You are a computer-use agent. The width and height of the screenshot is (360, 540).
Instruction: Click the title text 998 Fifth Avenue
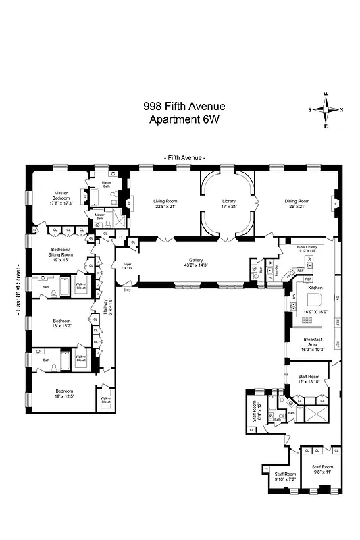pyautogui.click(x=184, y=107)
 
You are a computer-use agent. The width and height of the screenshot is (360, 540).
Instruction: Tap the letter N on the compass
pyautogui.click(x=341, y=109)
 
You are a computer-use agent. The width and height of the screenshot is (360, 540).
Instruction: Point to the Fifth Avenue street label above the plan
pyautogui.click(x=184, y=157)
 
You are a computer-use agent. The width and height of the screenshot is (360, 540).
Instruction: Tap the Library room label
pyautogui.click(x=229, y=200)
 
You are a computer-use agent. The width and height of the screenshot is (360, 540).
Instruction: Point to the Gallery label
pyautogui.click(x=196, y=260)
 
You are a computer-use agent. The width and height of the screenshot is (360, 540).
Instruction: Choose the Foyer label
pyautogui.click(x=126, y=264)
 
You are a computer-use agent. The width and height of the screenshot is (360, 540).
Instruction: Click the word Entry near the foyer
pyautogui.click(x=126, y=290)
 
